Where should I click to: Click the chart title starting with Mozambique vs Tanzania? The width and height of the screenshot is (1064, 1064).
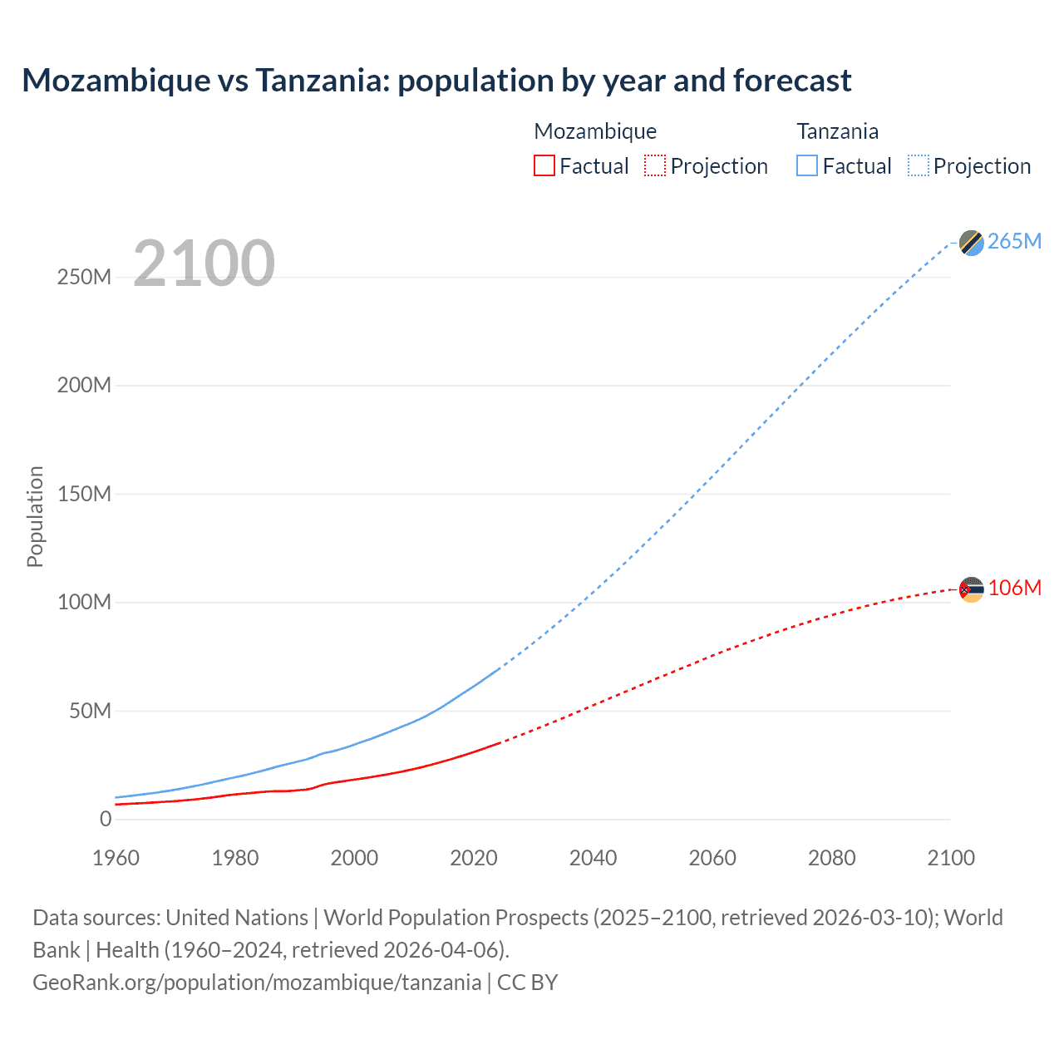(x=436, y=81)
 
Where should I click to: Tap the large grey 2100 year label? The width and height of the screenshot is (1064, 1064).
(x=204, y=264)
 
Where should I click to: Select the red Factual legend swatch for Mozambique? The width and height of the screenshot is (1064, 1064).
(x=544, y=165)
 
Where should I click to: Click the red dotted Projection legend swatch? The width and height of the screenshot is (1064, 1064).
(x=655, y=165)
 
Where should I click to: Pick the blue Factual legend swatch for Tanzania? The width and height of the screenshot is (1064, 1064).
(x=807, y=165)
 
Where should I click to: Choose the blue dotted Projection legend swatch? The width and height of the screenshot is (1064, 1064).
(x=919, y=165)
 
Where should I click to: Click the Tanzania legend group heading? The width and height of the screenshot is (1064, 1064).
(x=837, y=131)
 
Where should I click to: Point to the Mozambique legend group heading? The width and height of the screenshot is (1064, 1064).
(x=595, y=131)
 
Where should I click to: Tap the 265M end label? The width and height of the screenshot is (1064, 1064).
(x=1014, y=241)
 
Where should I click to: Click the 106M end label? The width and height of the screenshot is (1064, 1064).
(x=1014, y=588)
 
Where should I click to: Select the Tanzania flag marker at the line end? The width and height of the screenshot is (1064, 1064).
(x=971, y=243)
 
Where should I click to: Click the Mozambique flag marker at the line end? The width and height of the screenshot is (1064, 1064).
(x=971, y=589)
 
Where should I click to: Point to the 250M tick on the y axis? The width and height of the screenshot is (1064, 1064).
(x=84, y=277)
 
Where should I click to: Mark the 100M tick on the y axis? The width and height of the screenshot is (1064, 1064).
(x=84, y=602)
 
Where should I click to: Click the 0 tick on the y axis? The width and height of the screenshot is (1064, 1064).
(x=106, y=819)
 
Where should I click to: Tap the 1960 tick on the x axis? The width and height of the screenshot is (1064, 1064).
(x=116, y=858)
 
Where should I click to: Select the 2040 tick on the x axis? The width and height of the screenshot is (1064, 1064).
(x=593, y=858)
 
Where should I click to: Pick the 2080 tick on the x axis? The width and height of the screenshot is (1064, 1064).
(x=831, y=858)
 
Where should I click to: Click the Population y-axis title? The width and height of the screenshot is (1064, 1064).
(x=35, y=516)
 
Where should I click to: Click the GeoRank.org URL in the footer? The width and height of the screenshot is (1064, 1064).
(x=257, y=983)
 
